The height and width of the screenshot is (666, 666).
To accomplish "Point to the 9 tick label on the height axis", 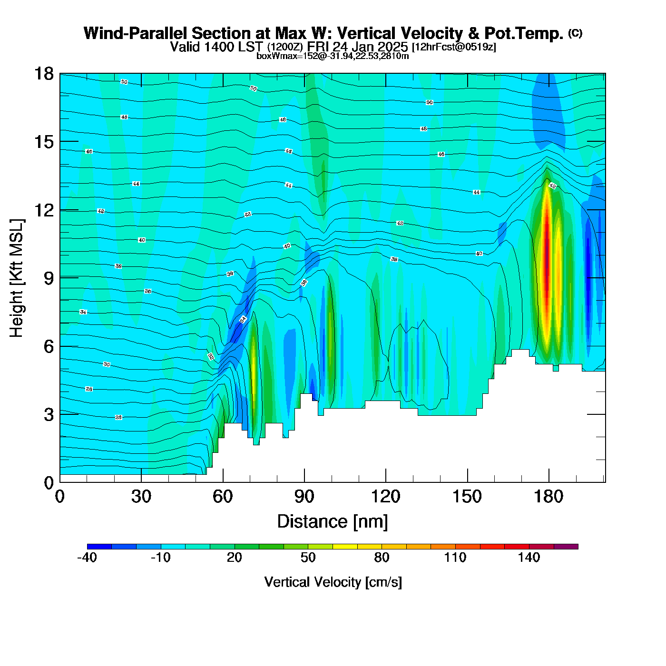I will tap(49, 278).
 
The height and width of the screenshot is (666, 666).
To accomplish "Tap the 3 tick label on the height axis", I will tap(49, 414).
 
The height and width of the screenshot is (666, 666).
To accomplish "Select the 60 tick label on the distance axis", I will tap(223, 497).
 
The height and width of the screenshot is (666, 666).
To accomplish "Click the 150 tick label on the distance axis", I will tap(467, 497).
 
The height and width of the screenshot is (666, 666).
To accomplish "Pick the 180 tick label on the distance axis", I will tap(548, 497).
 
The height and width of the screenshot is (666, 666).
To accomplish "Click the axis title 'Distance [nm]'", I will tap(333, 521).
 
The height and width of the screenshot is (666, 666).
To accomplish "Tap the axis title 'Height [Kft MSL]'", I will tap(17, 278).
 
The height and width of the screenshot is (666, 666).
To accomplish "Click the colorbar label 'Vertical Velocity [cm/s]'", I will tap(333, 582).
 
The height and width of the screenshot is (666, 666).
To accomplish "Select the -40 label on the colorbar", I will tap(87, 558).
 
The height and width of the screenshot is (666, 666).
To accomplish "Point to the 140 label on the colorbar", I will tap(529, 558).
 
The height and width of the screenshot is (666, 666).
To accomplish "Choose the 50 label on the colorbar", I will tap(308, 558).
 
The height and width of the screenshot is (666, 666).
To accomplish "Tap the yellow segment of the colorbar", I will tap(345, 547).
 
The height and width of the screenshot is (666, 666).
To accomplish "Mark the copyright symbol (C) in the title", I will tap(575, 33).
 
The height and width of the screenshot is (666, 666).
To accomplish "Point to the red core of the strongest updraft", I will tap(547, 257).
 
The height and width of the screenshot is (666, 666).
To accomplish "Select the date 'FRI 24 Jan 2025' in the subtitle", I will tap(357, 47).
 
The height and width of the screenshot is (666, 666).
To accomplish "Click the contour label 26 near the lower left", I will tap(118, 417).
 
